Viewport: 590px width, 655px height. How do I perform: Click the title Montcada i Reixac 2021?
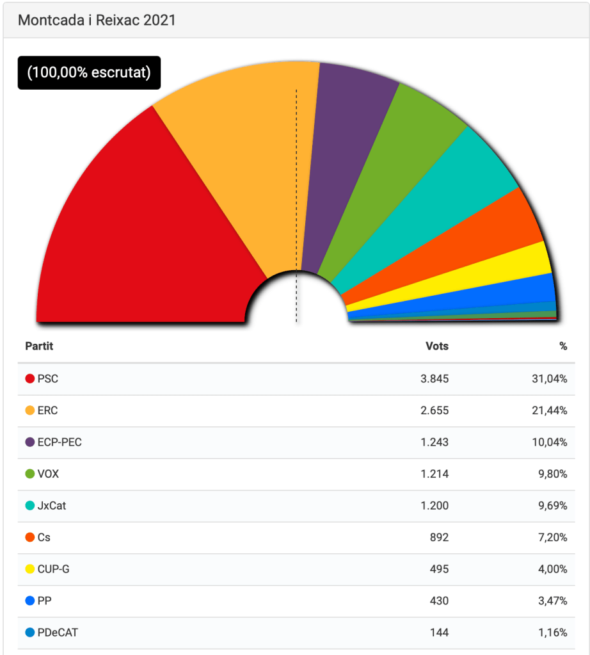(x=97, y=20)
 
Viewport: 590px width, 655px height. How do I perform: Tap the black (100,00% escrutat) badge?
(x=89, y=73)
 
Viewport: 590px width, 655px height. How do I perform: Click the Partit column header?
(x=39, y=346)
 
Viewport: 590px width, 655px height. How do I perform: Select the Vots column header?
(x=437, y=346)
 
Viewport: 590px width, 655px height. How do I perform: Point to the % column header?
(x=563, y=346)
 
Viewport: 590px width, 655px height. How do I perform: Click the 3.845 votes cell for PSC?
(x=435, y=379)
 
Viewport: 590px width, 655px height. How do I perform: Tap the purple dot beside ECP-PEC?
(x=29, y=442)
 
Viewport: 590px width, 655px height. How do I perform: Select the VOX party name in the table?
(x=48, y=474)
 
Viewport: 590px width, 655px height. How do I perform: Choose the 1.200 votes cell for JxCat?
(x=435, y=506)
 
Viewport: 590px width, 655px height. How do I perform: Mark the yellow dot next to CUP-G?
(x=29, y=569)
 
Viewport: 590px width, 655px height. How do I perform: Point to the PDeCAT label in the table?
(x=58, y=633)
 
